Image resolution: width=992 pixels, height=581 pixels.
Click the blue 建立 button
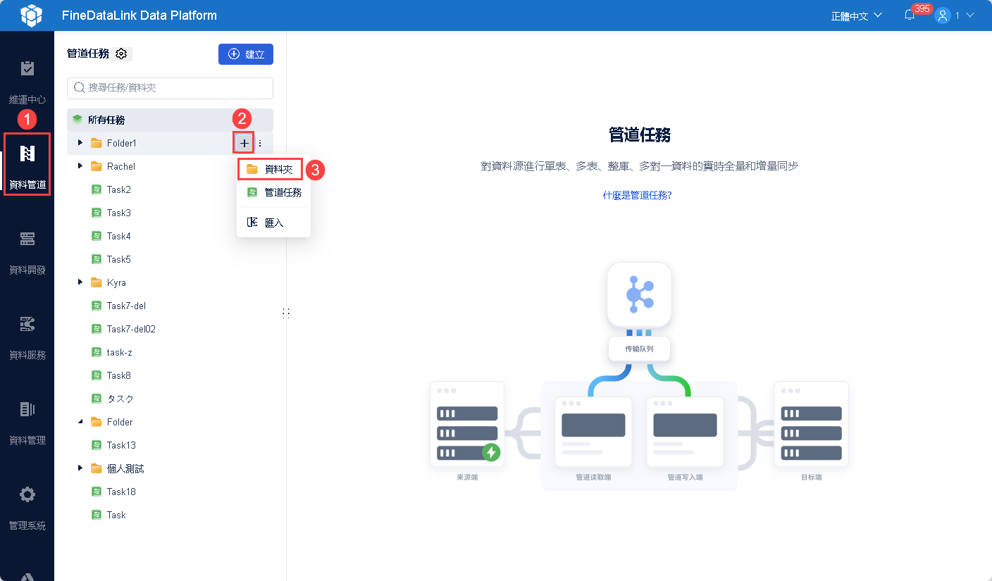(x=245, y=54)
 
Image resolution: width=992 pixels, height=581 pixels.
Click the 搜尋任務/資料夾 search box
(x=170, y=88)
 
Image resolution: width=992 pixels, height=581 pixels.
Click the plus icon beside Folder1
(x=244, y=143)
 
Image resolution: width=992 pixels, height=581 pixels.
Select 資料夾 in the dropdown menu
(x=271, y=169)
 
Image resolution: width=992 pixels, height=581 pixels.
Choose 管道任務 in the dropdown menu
(x=274, y=192)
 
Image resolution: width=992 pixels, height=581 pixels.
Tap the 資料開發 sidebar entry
(x=27, y=250)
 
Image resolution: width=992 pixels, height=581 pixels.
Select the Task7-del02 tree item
(x=131, y=329)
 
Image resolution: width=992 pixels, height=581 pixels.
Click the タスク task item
(x=120, y=399)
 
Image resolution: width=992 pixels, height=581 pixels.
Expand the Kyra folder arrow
(x=80, y=282)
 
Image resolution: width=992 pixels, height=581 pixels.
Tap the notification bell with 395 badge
(x=910, y=15)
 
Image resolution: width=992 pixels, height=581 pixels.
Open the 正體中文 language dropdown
(x=856, y=15)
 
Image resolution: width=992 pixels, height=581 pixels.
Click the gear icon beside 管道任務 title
(x=121, y=54)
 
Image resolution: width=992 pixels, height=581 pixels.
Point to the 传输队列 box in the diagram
(x=639, y=349)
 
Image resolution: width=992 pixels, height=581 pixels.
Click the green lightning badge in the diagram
(x=491, y=452)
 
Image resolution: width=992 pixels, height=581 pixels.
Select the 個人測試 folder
(x=125, y=468)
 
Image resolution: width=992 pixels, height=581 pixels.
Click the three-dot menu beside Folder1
(x=260, y=143)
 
